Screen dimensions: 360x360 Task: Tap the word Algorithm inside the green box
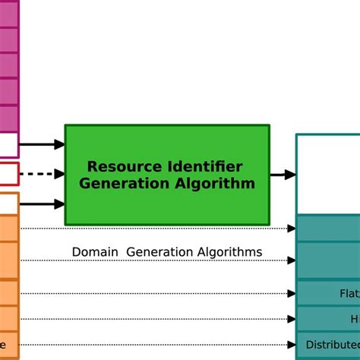[215, 184]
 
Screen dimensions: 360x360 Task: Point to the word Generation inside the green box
[122, 184]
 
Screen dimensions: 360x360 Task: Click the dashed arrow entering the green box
[42, 174]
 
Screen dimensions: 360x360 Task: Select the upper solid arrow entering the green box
[42, 144]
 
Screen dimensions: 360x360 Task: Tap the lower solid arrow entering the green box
[42, 204]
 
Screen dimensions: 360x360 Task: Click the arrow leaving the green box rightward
[283, 175]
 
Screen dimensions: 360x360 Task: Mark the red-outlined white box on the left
[8, 174]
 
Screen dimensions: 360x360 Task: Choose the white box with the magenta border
[8, 144]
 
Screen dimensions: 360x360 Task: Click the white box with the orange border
[8, 203]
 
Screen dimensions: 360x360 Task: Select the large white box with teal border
[327, 175]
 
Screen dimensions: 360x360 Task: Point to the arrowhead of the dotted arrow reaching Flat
[292, 293]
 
